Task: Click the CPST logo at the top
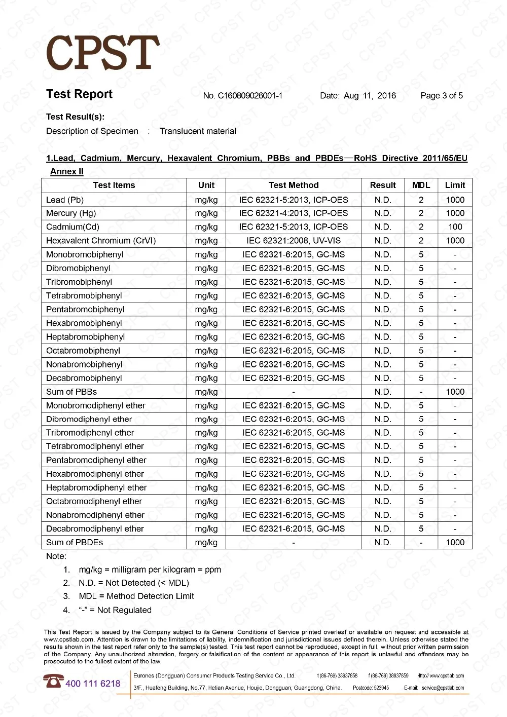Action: [103, 53]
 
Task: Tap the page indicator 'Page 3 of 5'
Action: [442, 96]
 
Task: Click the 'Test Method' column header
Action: [294, 185]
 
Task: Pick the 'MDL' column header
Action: [421, 185]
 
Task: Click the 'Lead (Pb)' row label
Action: [65, 200]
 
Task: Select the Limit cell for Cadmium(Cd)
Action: [455, 227]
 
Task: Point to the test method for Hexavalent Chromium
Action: [294, 241]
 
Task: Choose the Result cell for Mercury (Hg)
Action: [383, 213]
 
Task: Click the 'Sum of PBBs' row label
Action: [71, 392]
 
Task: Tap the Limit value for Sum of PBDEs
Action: [455, 542]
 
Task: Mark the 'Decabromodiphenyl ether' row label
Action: [95, 529]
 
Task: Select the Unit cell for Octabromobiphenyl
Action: [206, 351]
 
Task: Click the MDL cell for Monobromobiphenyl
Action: [421, 254]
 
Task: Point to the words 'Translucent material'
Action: [198, 131]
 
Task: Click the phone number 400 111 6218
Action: [93, 684]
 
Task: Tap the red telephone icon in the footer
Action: [53, 681]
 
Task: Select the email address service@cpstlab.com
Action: [443, 688]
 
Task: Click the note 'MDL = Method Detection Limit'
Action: [136, 596]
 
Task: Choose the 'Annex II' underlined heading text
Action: [67, 172]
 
